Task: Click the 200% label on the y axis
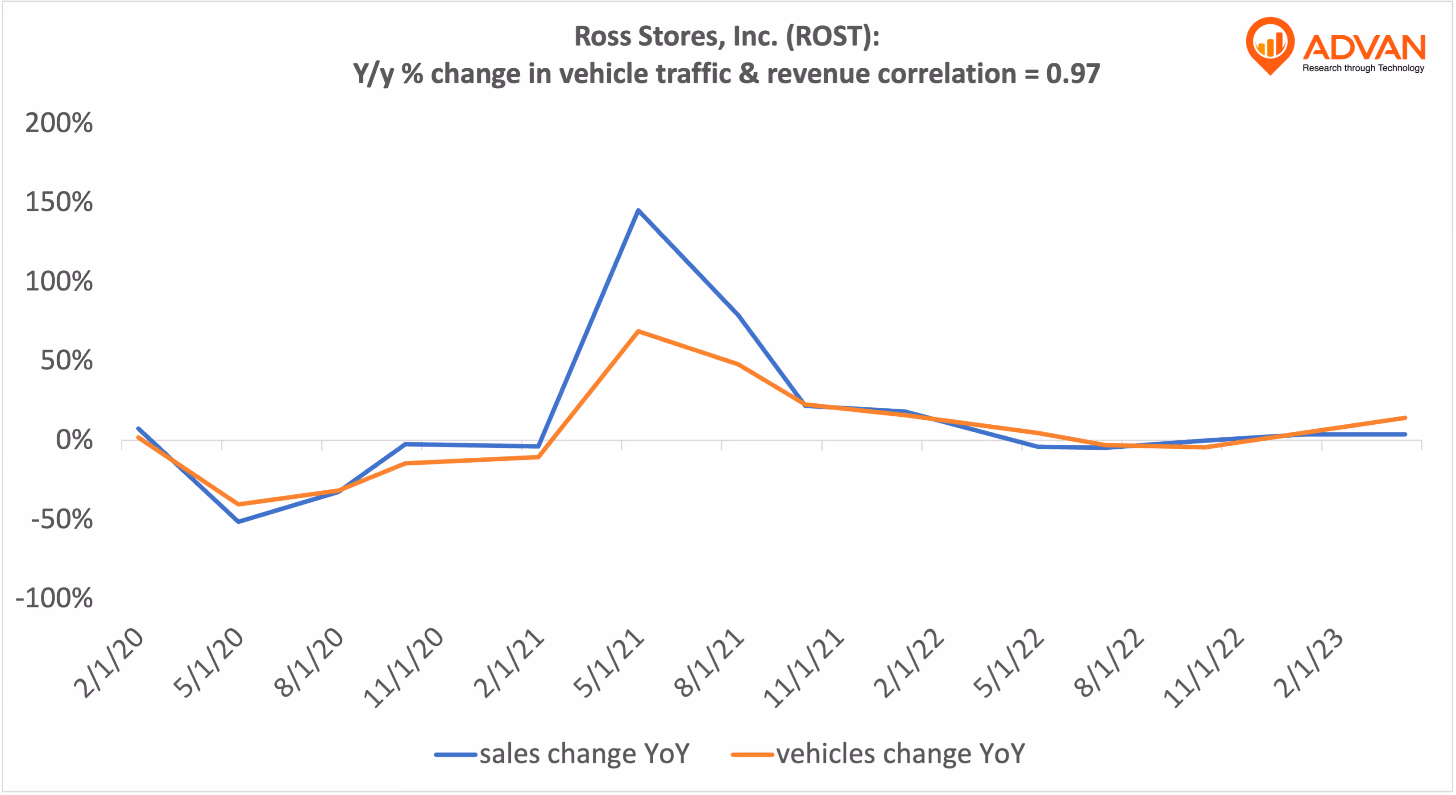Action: click(59, 123)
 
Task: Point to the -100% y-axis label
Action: click(54, 598)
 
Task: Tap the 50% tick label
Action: click(66, 360)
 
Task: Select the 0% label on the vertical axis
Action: click(74, 439)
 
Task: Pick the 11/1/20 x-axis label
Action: click(403, 668)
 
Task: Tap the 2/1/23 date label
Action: click(1308, 663)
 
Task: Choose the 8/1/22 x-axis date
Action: click(1108, 663)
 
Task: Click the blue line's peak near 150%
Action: click(638, 210)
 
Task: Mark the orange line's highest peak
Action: click(638, 331)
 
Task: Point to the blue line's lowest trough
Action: click(239, 521)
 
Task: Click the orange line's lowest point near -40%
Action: click(239, 504)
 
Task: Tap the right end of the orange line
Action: click(1405, 418)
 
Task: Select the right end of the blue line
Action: click(1405, 435)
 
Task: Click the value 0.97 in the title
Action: click(1072, 74)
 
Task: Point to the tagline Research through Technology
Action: click(1363, 68)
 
